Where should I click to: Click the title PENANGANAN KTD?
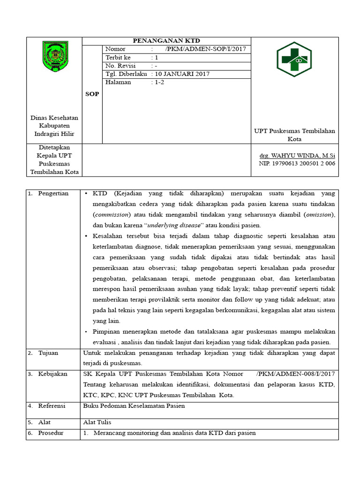(166, 41)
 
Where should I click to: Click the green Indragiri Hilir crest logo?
(55, 56)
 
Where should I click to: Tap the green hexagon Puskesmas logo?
(294, 60)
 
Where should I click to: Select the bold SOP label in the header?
(92, 94)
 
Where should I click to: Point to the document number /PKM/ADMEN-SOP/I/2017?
(205, 49)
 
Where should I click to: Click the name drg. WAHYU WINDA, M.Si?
(297, 155)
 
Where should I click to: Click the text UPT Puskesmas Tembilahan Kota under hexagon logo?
(294, 135)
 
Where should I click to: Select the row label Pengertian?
(53, 193)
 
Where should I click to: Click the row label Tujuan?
(48, 353)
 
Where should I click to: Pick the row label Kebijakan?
(53, 374)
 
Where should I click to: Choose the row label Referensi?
(52, 405)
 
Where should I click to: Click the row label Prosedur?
(51, 433)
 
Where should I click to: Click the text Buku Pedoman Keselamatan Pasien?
(134, 405)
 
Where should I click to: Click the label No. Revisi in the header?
(120, 66)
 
